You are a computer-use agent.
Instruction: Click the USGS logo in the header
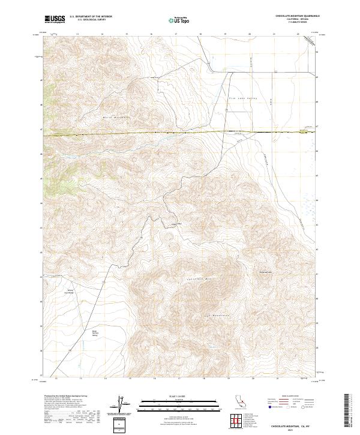pos(55,20)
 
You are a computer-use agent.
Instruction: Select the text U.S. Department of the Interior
pos(91,16)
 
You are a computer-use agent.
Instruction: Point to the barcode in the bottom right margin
pos(347,409)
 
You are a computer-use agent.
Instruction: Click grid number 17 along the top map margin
pos(178,35)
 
